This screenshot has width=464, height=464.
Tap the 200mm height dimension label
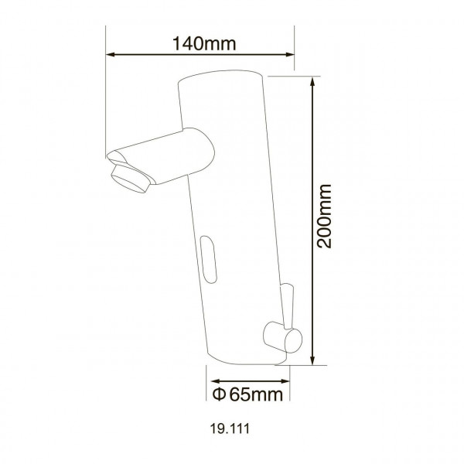tap(326, 215)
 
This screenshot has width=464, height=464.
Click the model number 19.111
tap(231, 426)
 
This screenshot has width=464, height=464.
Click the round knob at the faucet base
tap(275, 336)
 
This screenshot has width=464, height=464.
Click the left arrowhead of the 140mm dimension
tap(110, 55)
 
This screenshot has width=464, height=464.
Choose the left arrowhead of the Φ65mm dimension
tap(210, 380)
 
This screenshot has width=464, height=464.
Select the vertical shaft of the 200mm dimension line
tap(312, 155)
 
